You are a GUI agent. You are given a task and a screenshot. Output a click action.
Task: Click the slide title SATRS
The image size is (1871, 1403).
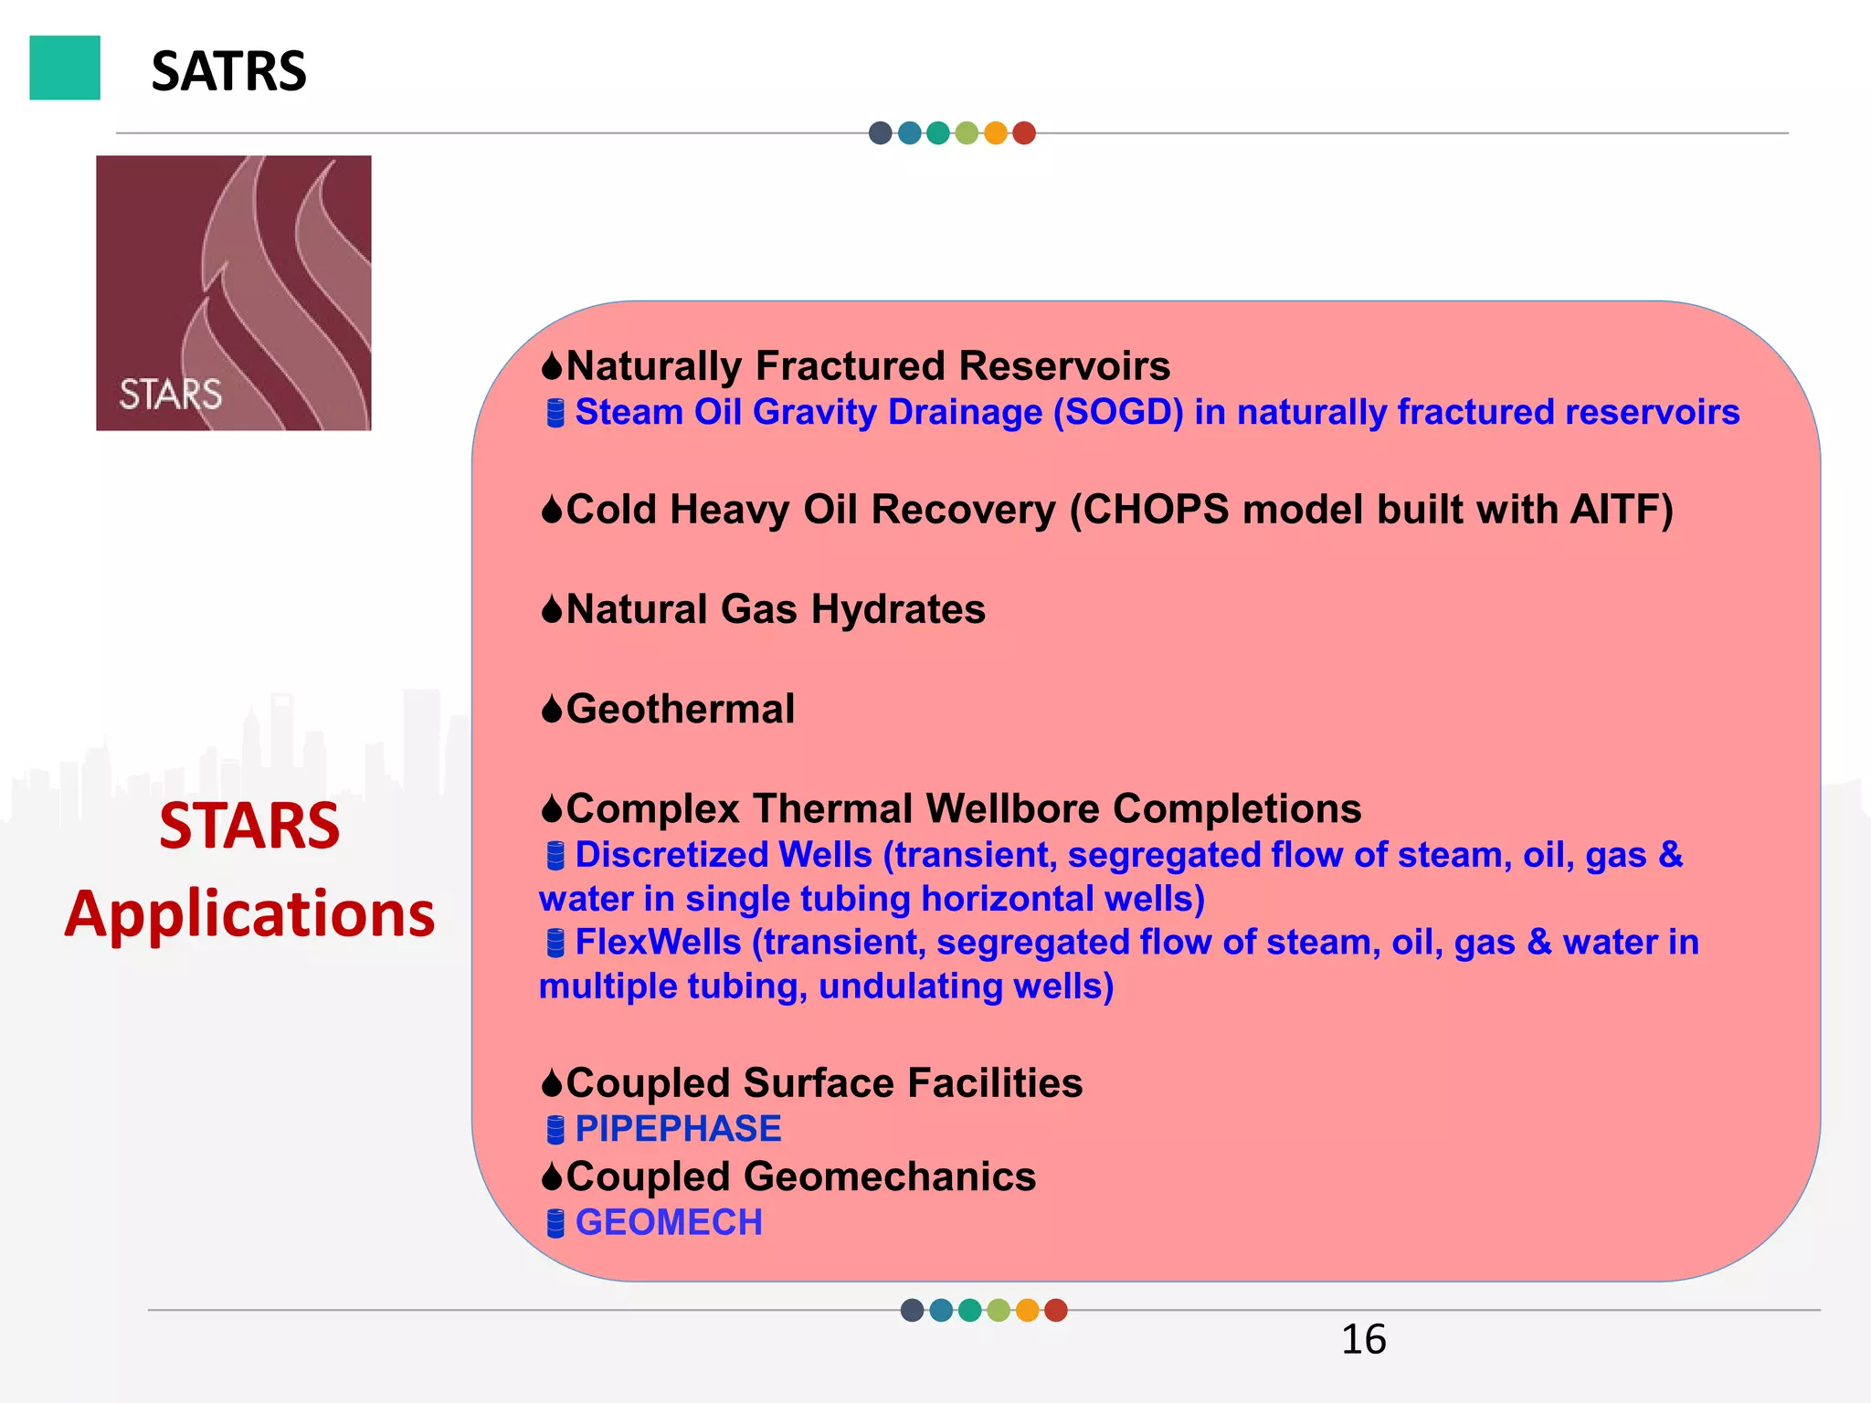pos(228,71)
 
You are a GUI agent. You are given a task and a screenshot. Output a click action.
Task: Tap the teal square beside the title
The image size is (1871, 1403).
pos(65,68)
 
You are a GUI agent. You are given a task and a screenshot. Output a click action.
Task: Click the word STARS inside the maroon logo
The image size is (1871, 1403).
pos(171,395)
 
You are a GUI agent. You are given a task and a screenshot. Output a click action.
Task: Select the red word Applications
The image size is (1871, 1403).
pos(249,913)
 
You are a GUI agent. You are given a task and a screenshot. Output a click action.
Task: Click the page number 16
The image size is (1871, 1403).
pos(1363,1340)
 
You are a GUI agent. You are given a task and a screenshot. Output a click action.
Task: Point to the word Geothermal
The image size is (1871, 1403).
pos(681,710)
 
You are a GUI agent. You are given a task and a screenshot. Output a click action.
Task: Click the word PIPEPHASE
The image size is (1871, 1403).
pos(678,1129)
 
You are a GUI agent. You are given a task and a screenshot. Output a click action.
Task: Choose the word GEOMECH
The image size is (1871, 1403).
pos(669,1223)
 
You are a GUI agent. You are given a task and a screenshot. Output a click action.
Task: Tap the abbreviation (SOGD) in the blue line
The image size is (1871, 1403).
pos(1118,413)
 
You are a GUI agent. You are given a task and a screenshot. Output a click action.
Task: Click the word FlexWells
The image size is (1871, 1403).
pos(658,943)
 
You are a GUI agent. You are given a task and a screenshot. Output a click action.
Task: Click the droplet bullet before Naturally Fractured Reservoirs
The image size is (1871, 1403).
pos(552,367)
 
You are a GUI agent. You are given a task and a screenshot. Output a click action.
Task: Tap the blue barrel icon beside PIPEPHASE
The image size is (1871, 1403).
pos(555,1131)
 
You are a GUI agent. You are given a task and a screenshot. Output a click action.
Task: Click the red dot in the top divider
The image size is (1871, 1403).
pos(1024,133)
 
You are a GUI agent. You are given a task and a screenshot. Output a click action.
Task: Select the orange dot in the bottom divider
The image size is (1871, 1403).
pos(1027,1311)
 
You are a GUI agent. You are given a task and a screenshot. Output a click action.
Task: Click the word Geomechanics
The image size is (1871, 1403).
pos(890,1177)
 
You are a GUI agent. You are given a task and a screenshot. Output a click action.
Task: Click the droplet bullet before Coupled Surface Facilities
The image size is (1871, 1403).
pos(552,1084)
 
